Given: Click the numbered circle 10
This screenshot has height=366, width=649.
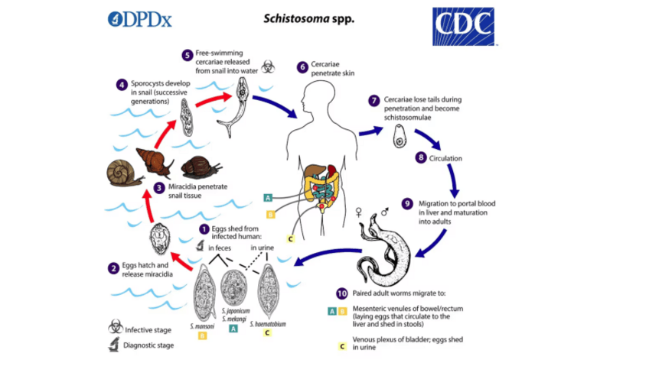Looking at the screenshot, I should pyautogui.click(x=342, y=293).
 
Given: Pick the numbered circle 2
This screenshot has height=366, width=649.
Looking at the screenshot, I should pyautogui.click(x=114, y=268).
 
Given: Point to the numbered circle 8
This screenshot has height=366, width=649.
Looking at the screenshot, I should pyautogui.click(x=421, y=158).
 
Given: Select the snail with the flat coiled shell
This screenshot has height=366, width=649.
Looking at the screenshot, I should pyautogui.click(x=122, y=172).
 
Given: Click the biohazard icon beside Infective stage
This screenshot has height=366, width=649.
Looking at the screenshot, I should pyautogui.click(x=115, y=326).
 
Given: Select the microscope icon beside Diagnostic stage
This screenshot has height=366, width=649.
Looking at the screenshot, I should pyautogui.click(x=115, y=345).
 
